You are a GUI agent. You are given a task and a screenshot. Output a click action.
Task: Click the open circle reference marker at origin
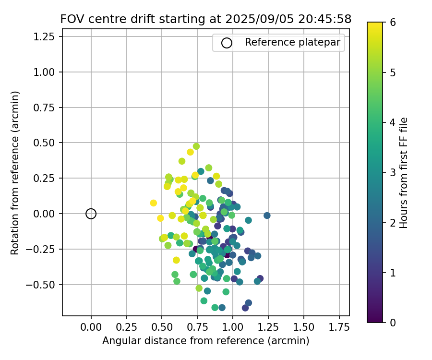click(x=91, y=214)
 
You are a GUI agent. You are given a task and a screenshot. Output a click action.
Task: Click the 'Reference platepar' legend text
click(x=292, y=42)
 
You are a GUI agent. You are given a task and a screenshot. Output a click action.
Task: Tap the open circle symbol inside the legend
click(x=227, y=43)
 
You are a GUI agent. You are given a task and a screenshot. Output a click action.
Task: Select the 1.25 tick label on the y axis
click(x=47, y=36)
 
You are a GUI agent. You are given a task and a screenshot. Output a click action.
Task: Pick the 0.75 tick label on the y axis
click(x=47, y=108)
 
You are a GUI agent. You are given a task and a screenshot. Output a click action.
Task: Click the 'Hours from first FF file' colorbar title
click(x=404, y=172)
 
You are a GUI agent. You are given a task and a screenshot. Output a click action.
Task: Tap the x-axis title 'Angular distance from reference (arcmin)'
click(x=205, y=341)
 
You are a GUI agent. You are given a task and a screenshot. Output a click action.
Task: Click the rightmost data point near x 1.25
click(x=267, y=216)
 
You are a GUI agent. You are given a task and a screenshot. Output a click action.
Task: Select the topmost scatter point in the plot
click(x=196, y=146)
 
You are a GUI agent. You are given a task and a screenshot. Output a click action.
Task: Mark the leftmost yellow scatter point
click(x=154, y=203)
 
